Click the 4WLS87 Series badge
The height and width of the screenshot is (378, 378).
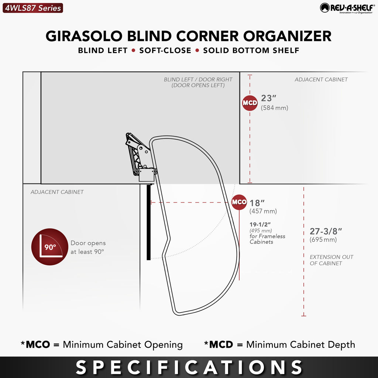(33, 8)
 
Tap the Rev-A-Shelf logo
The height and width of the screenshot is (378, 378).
(347, 7)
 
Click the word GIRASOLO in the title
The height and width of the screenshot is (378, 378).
(84, 36)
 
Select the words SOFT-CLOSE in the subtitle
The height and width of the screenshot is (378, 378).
(165, 51)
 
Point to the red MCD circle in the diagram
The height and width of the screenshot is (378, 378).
(250, 103)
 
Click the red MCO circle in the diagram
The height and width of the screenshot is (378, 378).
(239, 202)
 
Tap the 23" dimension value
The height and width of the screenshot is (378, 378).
(269, 98)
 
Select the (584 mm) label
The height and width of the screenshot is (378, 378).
(274, 108)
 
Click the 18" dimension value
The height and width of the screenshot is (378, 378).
(257, 203)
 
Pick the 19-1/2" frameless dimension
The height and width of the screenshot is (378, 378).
(261, 224)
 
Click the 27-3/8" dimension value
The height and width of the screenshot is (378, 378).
(326, 231)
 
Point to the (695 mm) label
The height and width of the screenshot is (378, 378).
(323, 240)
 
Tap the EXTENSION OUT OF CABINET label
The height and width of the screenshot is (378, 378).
(331, 260)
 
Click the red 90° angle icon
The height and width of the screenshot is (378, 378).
(49, 247)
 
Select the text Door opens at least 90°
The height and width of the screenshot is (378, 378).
(88, 247)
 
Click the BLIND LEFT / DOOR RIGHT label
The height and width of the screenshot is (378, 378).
(198, 82)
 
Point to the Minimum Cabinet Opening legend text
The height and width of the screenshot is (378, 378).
(102, 345)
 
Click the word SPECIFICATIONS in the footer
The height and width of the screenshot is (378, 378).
(189, 367)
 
